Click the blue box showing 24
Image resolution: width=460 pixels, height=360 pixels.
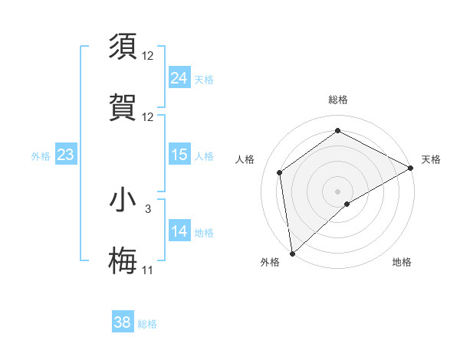point(179,78)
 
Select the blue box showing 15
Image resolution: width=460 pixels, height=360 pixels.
point(179,155)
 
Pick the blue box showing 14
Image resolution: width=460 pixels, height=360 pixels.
point(179,231)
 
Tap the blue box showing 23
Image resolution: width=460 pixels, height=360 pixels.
point(66,155)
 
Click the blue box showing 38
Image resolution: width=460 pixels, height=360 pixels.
point(122,322)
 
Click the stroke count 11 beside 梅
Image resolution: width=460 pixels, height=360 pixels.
point(147,270)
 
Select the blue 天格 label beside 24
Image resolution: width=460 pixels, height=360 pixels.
point(203,79)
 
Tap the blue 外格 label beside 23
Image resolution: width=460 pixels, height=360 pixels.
point(41,156)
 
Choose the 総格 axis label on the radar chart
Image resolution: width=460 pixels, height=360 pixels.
point(338,100)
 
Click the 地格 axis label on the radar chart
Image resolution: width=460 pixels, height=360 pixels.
point(402,262)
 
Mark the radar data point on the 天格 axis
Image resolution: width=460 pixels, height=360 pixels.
point(412,169)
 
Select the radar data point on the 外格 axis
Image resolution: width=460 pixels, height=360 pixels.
point(292,253)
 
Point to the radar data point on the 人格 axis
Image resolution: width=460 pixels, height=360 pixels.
point(280,172)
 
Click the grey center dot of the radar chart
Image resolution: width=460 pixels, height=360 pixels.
point(338,191)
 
